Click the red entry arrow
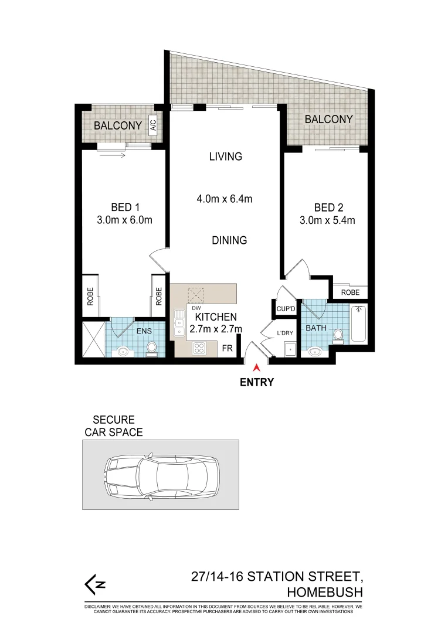(256, 368)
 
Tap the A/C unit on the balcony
(153, 125)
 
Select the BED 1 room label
(125, 207)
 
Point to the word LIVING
(226, 156)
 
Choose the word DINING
(229, 240)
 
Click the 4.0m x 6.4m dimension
(224, 199)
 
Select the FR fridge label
(227, 348)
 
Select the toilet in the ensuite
(152, 348)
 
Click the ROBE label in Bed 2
(350, 292)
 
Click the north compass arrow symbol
(95, 584)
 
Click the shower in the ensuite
(93, 338)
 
